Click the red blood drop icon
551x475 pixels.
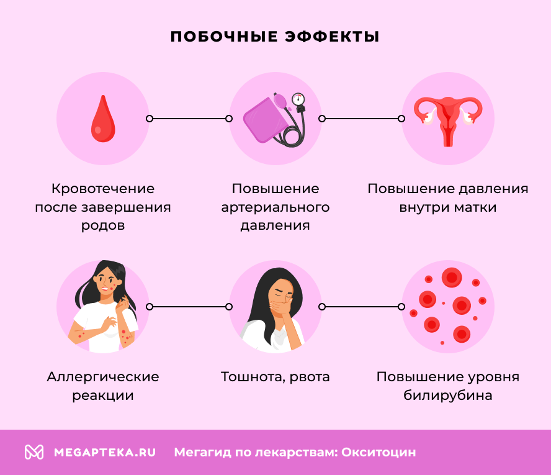pos(103,119)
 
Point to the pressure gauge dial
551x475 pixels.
pos(298,99)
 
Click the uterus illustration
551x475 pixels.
pos(448,119)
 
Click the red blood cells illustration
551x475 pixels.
pos(448,307)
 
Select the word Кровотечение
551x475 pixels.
pos(103,189)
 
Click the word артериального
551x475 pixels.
pos(275,207)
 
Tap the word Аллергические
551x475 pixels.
pos(103,377)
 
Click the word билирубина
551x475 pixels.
pos(448,396)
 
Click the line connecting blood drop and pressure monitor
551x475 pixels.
pos(189,119)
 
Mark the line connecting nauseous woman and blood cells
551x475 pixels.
pos(362,307)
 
